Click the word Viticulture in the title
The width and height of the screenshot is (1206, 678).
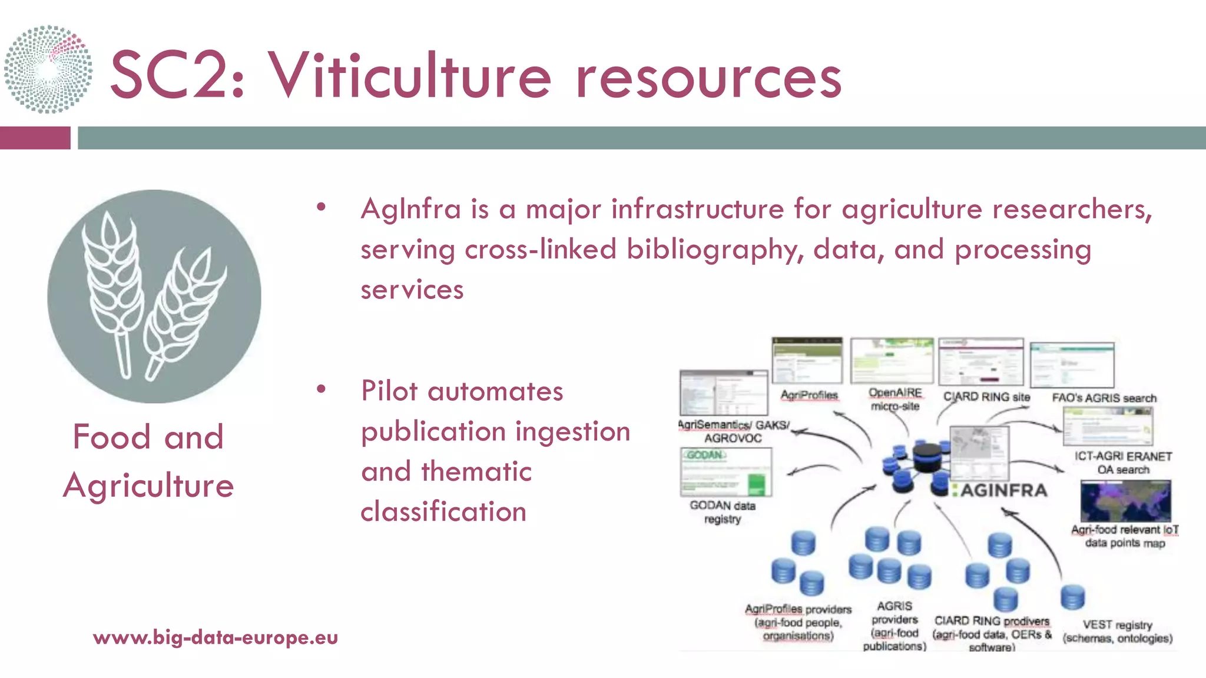click(x=409, y=75)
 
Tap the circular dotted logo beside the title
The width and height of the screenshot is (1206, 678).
click(x=48, y=69)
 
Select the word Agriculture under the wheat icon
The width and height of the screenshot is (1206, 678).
click(x=148, y=486)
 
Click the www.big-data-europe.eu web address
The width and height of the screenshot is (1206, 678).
click(x=216, y=637)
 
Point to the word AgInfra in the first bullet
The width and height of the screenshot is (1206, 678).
click(x=410, y=209)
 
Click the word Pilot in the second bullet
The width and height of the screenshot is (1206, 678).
click(x=389, y=391)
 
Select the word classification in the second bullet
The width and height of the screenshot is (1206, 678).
click(x=443, y=511)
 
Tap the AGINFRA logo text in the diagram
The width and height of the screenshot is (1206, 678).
click(x=1003, y=490)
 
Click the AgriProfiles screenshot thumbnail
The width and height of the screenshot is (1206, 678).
click(x=807, y=361)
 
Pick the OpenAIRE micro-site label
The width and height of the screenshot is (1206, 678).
click(x=895, y=399)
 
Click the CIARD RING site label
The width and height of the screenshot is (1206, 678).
click(x=986, y=397)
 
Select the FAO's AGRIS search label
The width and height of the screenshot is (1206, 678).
click(x=1104, y=398)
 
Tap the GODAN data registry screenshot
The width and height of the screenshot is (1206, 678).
click(x=725, y=472)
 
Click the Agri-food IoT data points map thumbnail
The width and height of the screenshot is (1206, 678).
click(x=1125, y=501)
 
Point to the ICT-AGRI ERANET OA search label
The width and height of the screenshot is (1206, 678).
click(x=1123, y=463)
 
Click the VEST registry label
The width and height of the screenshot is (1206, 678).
click(x=1117, y=631)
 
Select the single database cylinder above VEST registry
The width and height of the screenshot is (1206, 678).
click(x=1072, y=597)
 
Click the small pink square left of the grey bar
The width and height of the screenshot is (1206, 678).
click(x=35, y=138)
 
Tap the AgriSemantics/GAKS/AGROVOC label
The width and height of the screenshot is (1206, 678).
click(x=733, y=431)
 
